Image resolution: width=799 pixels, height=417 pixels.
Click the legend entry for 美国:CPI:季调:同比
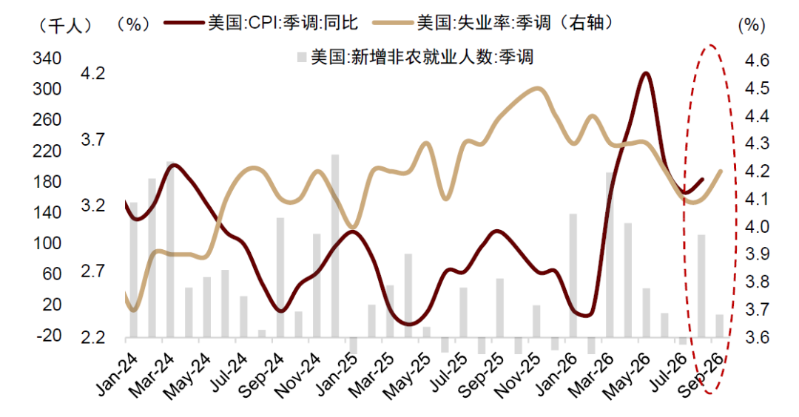click(x=261, y=23)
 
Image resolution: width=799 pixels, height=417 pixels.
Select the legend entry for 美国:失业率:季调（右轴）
click(x=494, y=23)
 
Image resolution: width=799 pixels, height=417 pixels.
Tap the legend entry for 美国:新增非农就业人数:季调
click(x=414, y=56)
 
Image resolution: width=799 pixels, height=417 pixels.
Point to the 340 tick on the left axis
click(x=47, y=58)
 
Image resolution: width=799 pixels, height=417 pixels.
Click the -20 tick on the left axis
click(x=48, y=335)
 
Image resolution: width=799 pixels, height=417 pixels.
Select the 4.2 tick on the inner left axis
click(x=92, y=73)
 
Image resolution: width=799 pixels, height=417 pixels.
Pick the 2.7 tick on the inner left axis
click(x=92, y=271)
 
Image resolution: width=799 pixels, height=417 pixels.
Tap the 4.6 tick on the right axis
click(x=757, y=61)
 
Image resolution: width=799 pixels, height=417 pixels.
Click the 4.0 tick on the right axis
click(x=757, y=226)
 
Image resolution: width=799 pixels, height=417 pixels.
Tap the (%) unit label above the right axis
click(x=752, y=25)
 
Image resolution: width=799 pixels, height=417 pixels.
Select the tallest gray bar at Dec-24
click(x=335, y=246)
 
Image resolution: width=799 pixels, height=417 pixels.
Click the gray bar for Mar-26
click(x=610, y=254)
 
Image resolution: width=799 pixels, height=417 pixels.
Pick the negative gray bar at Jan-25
click(x=354, y=345)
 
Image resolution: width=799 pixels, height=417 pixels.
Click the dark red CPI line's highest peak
click(x=646, y=73)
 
